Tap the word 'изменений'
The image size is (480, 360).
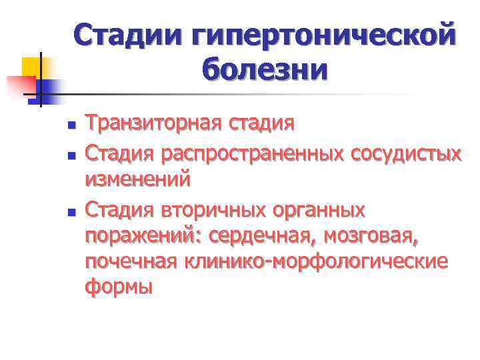click(x=137, y=179)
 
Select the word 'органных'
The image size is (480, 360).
click(x=323, y=211)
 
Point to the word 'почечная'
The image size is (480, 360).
click(x=131, y=262)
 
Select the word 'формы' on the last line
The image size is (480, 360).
click(x=119, y=288)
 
